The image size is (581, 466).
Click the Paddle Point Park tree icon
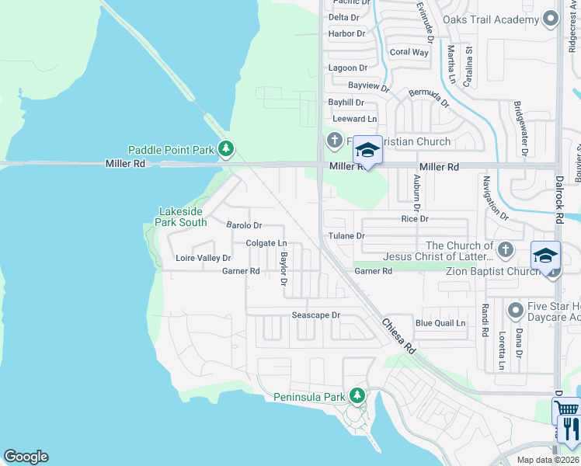point(226,148)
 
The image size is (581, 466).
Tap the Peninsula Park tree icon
point(357,396)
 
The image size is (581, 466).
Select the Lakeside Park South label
point(183,217)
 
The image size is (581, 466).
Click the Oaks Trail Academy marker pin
point(551,19)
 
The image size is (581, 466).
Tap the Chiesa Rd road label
point(398,336)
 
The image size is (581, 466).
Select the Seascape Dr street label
point(316,315)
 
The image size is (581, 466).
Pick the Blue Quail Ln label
point(440,323)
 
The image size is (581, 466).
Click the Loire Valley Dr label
point(204,258)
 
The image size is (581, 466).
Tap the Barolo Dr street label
point(244,225)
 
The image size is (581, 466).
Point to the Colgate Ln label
point(266,243)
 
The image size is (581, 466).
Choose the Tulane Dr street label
point(346,235)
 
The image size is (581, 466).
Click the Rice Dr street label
point(415,219)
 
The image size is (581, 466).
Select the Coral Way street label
point(409,52)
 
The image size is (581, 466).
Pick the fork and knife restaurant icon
point(569,428)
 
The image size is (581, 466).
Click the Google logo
point(26,457)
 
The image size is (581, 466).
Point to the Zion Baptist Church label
point(492,271)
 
